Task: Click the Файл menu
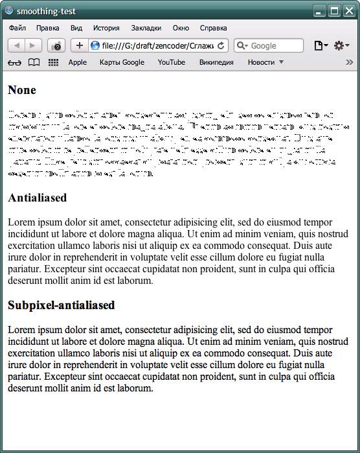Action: [x=17, y=29]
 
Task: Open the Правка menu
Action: [x=48, y=29]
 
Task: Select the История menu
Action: [x=106, y=29]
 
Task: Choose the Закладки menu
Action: [x=146, y=29]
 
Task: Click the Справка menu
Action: [x=213, y=29]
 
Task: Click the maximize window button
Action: [x=334, y=10]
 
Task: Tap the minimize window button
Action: [x=319, y=10]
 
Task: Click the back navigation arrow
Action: [x=16, y=45]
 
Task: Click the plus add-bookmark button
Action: [x=80, y=45]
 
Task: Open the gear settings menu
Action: [x=340, y=45]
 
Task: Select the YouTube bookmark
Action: [x=171, y=62]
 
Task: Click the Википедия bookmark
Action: [x=216, y=62]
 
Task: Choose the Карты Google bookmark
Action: [x=122, y=62]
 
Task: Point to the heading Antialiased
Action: [x=38, y=198]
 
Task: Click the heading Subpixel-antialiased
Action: [x=62, y=305]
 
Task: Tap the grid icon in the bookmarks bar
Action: [x=53, y=62]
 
